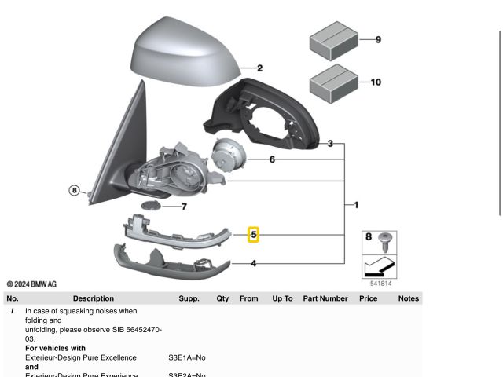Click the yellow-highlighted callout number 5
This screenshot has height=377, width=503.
(x=253, y=234)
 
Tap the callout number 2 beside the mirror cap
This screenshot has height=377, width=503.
(x=259, y=69)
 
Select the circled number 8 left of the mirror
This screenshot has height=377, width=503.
(x=75, y=190)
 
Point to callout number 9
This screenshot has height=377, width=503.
(x=378, y=39)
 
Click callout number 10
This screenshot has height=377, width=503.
(x=376, y=82)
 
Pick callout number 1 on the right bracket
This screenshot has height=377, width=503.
(x=356, y=205)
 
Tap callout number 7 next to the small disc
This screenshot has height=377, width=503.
(x=184, y=207)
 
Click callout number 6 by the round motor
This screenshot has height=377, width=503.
(x=272, y=159)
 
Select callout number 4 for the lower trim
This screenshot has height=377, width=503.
(x=253, y=263)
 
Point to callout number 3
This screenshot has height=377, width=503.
(x=330, y=144)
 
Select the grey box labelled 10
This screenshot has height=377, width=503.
(x=334, y=82)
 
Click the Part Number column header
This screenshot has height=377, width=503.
(x=325, y=298)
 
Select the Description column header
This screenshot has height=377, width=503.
(x=93, y=298)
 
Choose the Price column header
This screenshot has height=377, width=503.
(x=368, y=298)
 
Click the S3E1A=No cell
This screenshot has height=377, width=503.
(x=186, y=357)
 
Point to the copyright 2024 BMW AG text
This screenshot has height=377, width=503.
(x=31, y=284)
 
